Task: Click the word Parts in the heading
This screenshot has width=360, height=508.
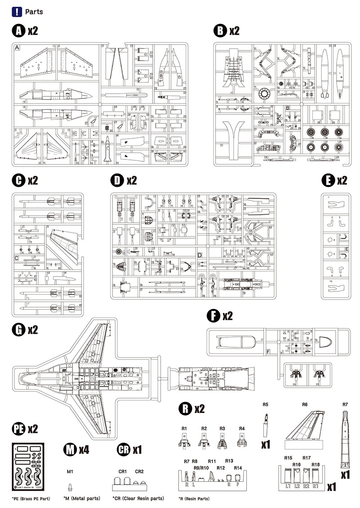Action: point(34,12)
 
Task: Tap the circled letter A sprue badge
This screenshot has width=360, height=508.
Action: point(18,31)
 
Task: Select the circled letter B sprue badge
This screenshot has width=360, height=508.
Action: point(220,31)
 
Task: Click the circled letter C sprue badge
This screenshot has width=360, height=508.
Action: point(18,181)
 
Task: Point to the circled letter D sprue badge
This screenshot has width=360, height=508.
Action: point(117,181)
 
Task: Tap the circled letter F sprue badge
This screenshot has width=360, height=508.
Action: point(213,316)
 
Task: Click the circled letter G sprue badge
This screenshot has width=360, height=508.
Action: point(18,330)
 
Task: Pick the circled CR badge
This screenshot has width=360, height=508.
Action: point(123,449)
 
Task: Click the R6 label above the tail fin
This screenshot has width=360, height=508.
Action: point(305,404)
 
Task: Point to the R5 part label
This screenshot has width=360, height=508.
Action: point(265,404)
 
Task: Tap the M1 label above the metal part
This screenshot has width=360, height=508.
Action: point(70,472)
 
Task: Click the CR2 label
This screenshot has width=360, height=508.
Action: point(139,472)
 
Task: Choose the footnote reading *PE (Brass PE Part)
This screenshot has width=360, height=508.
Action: point(31,499)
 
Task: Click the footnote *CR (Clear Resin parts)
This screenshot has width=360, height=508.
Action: point(138,499)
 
